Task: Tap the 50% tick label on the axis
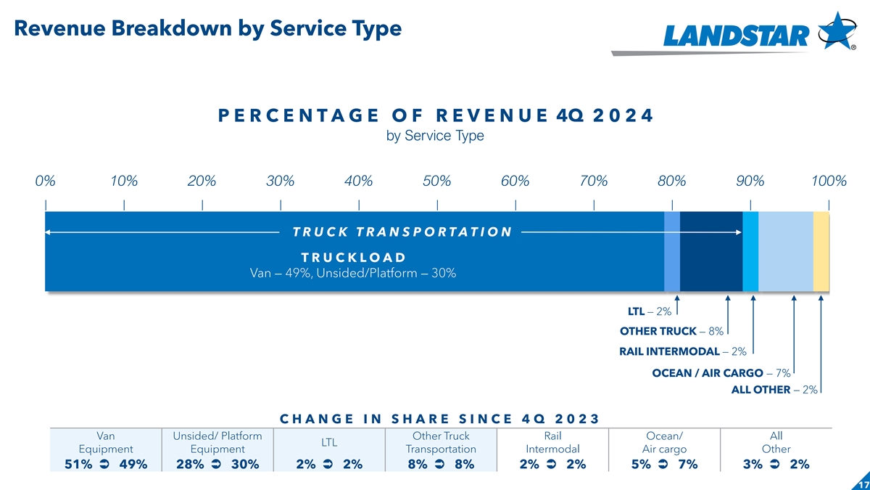[436, 181]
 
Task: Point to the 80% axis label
[672, 181]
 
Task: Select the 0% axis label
[46, 181]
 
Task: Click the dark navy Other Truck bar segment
[711, 251]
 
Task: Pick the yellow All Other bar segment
[821, 251]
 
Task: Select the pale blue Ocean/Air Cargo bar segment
[786, 251]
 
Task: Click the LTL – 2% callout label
[649, 312]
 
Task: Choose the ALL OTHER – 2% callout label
[774, 390]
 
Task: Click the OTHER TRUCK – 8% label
[671, 332]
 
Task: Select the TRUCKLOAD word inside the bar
[352, 258]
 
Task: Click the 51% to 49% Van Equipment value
[106, 465]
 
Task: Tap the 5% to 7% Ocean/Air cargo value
[664, 465]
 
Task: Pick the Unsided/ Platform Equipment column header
[217, 442]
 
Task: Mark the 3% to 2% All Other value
[776, 465]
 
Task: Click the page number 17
[862, 484]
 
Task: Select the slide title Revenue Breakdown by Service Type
[207, 28]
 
